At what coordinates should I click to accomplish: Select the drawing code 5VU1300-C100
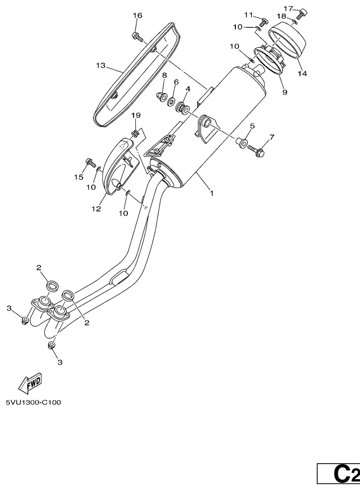pos(33,402)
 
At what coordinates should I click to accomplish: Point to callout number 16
pos(137,16)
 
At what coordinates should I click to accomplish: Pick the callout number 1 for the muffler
pos(212,193)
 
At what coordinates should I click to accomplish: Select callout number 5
pos(252,126)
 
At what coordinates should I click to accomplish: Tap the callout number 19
pos(136,116)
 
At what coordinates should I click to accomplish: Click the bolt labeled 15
pos(90,162)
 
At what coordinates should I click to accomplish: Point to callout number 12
pos(96,208)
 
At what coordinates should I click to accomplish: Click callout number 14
pos(302,74)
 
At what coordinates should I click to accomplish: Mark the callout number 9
pos(285,92)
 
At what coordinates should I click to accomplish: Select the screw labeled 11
pos(264,22)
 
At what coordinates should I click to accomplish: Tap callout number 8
pos(164,75)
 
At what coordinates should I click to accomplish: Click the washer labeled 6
pos(171,101)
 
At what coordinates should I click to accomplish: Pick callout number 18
pos(281,16)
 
